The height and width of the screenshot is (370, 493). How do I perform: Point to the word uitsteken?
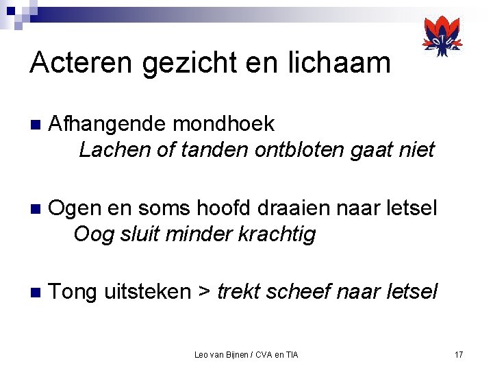tap(147, 292)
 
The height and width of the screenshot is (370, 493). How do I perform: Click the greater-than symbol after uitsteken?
tap(204, 293)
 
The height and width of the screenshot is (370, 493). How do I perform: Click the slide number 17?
tap(459, 354)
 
